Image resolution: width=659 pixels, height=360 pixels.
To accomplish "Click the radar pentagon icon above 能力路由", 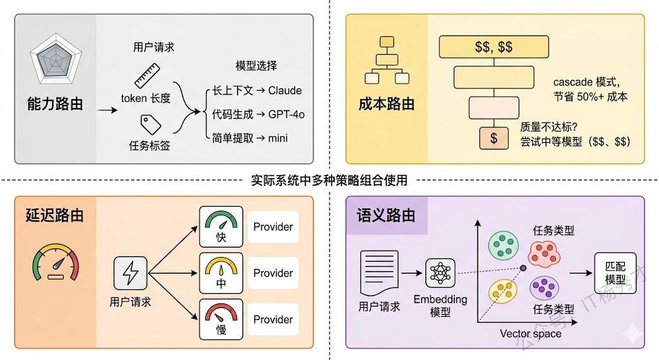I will click(55, 61).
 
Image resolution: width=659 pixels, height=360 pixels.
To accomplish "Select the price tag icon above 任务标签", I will click(150, 124).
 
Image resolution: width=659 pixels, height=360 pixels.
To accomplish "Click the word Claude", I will click(285, 90).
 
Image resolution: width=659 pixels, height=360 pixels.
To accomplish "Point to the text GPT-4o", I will click(286, 114).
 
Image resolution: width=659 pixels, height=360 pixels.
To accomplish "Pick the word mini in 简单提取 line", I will click(278, 138).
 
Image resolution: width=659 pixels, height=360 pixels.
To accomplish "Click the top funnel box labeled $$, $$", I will click(494, 47).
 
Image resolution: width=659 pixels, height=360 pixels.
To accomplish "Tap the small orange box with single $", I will click(494, 138).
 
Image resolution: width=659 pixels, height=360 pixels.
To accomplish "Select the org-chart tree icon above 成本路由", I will click(386, 62).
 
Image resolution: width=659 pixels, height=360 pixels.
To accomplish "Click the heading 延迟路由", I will click(55, 215).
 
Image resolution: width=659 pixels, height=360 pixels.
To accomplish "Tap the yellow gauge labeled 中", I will click(221, 273).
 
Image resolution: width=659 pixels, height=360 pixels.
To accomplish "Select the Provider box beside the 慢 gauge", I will click(273, 319).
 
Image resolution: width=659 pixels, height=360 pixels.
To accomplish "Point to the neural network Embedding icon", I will click(440, 273).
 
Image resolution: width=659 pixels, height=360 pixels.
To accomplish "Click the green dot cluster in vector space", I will click(501, 243).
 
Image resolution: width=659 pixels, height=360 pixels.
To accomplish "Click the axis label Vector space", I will click(530, 334).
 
